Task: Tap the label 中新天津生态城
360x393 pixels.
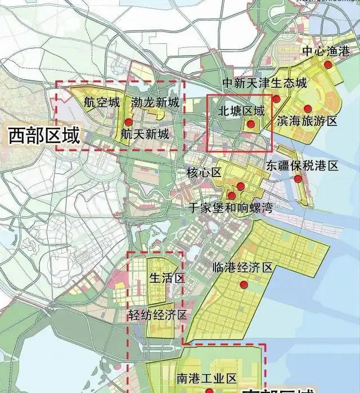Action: (265, 83)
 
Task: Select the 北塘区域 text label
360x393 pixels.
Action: (241, 111)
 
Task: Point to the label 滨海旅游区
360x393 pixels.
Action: (307, 121)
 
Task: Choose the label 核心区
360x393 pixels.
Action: (204, 172)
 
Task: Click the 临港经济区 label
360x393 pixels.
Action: (242, 268)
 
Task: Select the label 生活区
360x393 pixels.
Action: (167, 278)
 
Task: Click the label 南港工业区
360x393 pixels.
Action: (206, 378)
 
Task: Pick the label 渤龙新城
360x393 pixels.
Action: (155, 103)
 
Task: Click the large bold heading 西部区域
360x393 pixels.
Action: (44, 135)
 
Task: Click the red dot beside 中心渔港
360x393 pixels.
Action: (328, 65)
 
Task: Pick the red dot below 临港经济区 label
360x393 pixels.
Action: (244, 285)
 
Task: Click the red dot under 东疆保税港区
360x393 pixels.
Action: (298, 179)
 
